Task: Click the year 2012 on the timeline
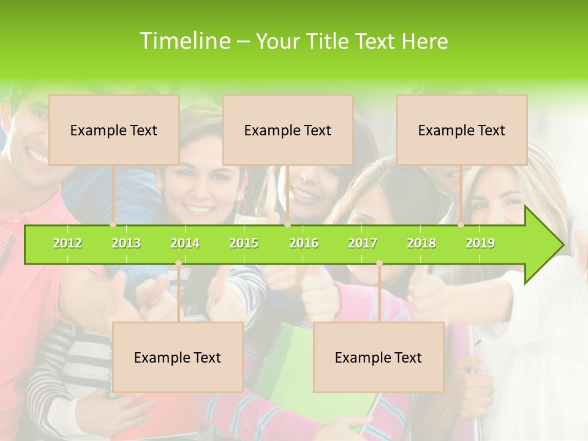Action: point(67,243)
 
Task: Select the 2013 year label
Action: point(126,243)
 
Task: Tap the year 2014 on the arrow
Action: point(185,243)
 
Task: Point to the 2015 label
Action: point(244,243)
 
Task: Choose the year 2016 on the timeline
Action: point(304,243)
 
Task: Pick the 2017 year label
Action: point(363,243)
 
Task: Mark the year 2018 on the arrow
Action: point(421,243)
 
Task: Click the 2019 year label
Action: point(480,243)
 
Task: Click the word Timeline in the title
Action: point(184,41)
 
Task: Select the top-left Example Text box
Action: point(114,130)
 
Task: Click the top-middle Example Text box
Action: point(288,130)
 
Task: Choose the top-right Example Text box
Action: point(462,130)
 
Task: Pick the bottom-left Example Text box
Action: point(178,357)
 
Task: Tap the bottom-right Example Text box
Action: point(379,357)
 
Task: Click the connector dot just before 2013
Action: point(113,225)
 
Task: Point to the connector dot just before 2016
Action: point(287,225)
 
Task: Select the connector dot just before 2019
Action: point(461,225)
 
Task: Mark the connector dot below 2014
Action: point(178,263)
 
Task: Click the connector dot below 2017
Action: point(379,263)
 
